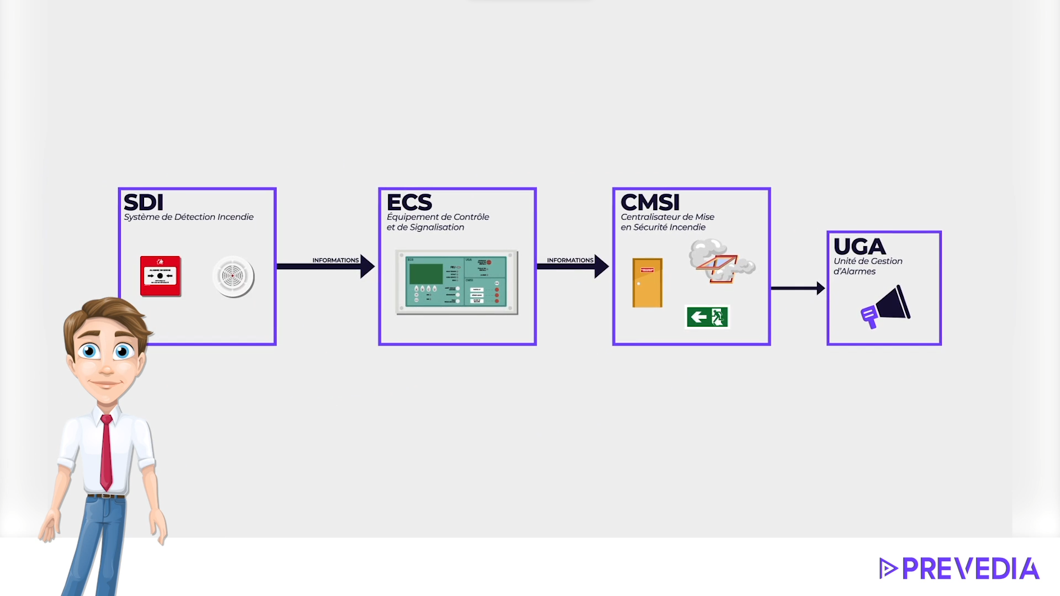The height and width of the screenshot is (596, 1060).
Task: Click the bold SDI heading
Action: tap(144, 202)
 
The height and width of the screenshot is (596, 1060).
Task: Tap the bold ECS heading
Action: tap(409, 202)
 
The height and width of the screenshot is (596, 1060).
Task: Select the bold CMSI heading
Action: tap(650, 202)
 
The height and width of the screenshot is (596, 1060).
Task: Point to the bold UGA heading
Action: tap(859, 246)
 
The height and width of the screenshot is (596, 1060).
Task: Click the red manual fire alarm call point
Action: tap(161, 276)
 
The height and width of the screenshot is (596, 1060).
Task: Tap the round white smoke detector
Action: tap(233, 276)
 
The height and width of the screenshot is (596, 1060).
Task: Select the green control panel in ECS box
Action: tap(457, 282)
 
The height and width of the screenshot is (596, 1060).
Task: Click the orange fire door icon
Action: tap(647, 283)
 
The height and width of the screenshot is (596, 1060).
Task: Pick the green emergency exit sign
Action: tap(707, 317)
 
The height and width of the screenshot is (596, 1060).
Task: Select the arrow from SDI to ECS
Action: tap(325, 267)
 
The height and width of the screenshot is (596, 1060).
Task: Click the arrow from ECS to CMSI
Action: tap(573, 267)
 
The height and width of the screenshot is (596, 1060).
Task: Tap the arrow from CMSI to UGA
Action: tap(798, 288)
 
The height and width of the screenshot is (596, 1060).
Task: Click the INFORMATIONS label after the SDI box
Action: tap(335, 260)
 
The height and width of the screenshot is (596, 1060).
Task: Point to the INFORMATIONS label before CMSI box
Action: tap(570, 260)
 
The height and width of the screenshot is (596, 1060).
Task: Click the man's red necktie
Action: tap(107, 453)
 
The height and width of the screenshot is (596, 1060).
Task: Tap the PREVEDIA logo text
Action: tap(970, 569)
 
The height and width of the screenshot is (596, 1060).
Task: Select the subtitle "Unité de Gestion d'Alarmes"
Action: tap(867, 266)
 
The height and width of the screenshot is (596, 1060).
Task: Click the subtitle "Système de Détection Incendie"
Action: tap(188, 217)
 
